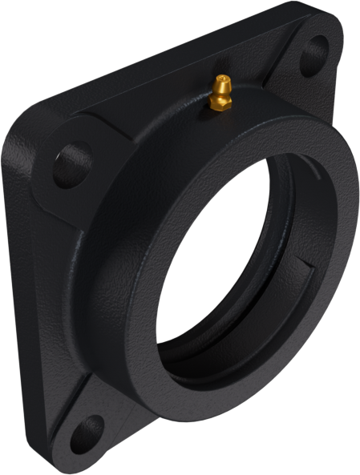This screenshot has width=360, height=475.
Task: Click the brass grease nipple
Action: (220, 93)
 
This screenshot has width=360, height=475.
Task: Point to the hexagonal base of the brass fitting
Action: (218, 102)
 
